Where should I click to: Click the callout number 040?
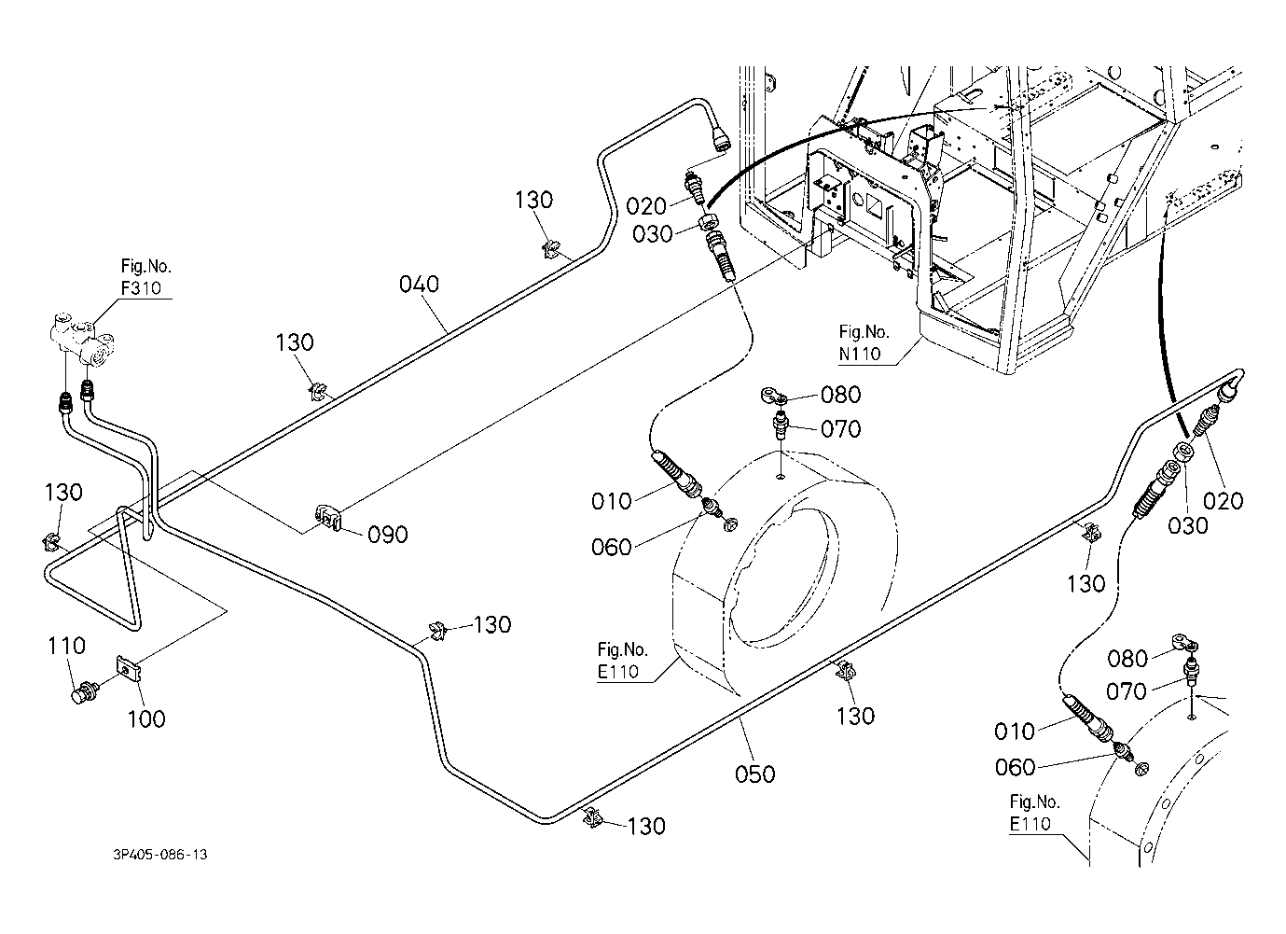tap(419, 284)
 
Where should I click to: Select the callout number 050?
tap(755, 774)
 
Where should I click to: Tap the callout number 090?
tap(388, 535)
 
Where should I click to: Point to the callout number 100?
tap(145, 718)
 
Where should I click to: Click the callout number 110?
tap(66, 646)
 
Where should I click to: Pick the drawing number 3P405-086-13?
tap(160, 854)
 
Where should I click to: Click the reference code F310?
tap(141, 287)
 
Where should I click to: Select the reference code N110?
tap(860, 354)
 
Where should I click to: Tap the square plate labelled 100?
tap(130, 669)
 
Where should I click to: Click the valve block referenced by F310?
tap(81, 340)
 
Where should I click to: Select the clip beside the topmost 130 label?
tap(550, 249)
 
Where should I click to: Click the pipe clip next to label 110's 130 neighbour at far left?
tap(51, 542)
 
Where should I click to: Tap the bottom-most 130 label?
tap(646, 826)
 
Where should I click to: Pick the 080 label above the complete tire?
tap(841, 395)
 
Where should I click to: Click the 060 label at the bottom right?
tap(1015, 767)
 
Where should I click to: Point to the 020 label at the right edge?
tap(1223, 501)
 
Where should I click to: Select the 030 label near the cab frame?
tap(652, 234)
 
